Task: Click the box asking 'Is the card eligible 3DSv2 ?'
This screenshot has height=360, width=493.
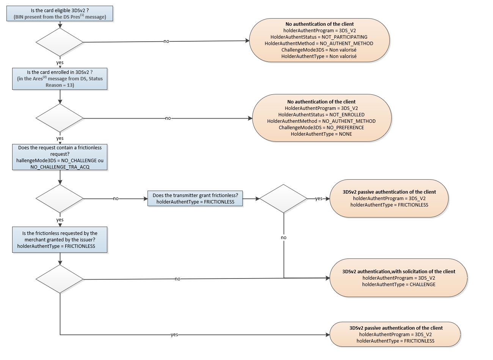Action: click(60, 13)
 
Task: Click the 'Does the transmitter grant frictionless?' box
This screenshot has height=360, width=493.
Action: click(195, 199)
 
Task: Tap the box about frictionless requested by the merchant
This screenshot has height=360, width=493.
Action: click(60, 239)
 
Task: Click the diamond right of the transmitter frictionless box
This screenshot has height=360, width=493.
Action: click(283, 199)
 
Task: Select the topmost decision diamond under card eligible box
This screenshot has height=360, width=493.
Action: click(60, 42)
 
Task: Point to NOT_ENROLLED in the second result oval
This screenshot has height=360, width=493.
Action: click(347, 114)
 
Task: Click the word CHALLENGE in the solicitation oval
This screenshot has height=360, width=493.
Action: click(422, 284)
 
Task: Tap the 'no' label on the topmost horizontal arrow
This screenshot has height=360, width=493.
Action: click(166, 41)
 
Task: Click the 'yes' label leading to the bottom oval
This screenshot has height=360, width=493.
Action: click(174, 335)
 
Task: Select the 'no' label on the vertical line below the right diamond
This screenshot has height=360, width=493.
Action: click(284, 238)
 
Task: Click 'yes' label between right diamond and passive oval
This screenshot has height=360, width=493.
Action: click(319, 199)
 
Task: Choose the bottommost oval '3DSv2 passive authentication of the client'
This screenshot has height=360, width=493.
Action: click(396, 334)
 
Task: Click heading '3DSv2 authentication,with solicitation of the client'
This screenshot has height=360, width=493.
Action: click(399, 271)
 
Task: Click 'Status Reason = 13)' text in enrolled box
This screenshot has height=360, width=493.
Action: click(60, 85)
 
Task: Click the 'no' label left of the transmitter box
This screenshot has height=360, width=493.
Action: click(116, 199)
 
